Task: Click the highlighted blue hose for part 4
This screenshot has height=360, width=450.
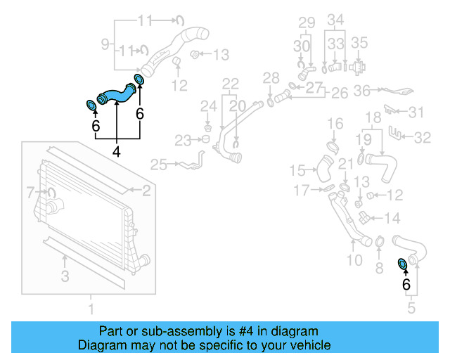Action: tap(115, 94)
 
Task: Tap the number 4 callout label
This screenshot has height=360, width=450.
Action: tap(116, 150)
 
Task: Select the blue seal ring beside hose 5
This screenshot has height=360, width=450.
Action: tap(403, 263)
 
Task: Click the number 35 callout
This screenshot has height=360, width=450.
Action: tap(359, 43)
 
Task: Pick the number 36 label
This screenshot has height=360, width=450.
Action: tap(361, 90)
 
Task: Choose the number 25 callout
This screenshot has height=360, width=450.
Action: tap(158, 165)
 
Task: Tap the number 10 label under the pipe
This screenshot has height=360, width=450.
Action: tap(354, 260)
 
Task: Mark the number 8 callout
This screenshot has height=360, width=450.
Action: tap(379, 266)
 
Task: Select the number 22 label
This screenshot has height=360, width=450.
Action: tap(231, 84)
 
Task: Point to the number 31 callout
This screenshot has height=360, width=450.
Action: tap(417, 112)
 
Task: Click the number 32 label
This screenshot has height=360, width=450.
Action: tap(422, 138)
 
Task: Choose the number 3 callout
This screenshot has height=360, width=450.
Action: tap(65, 276)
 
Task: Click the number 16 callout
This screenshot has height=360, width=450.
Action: tap(335, 124)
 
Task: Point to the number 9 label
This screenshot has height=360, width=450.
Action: tap(106, 45)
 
